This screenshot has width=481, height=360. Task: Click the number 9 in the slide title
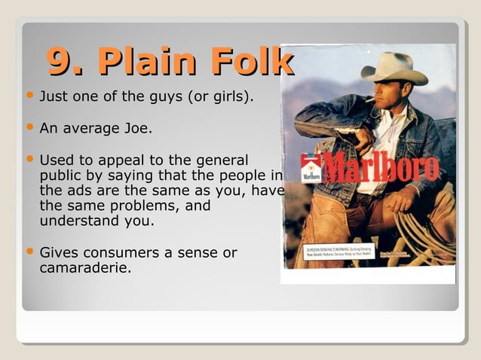(60, 62)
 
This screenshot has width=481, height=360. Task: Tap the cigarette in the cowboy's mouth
(372, 99)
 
